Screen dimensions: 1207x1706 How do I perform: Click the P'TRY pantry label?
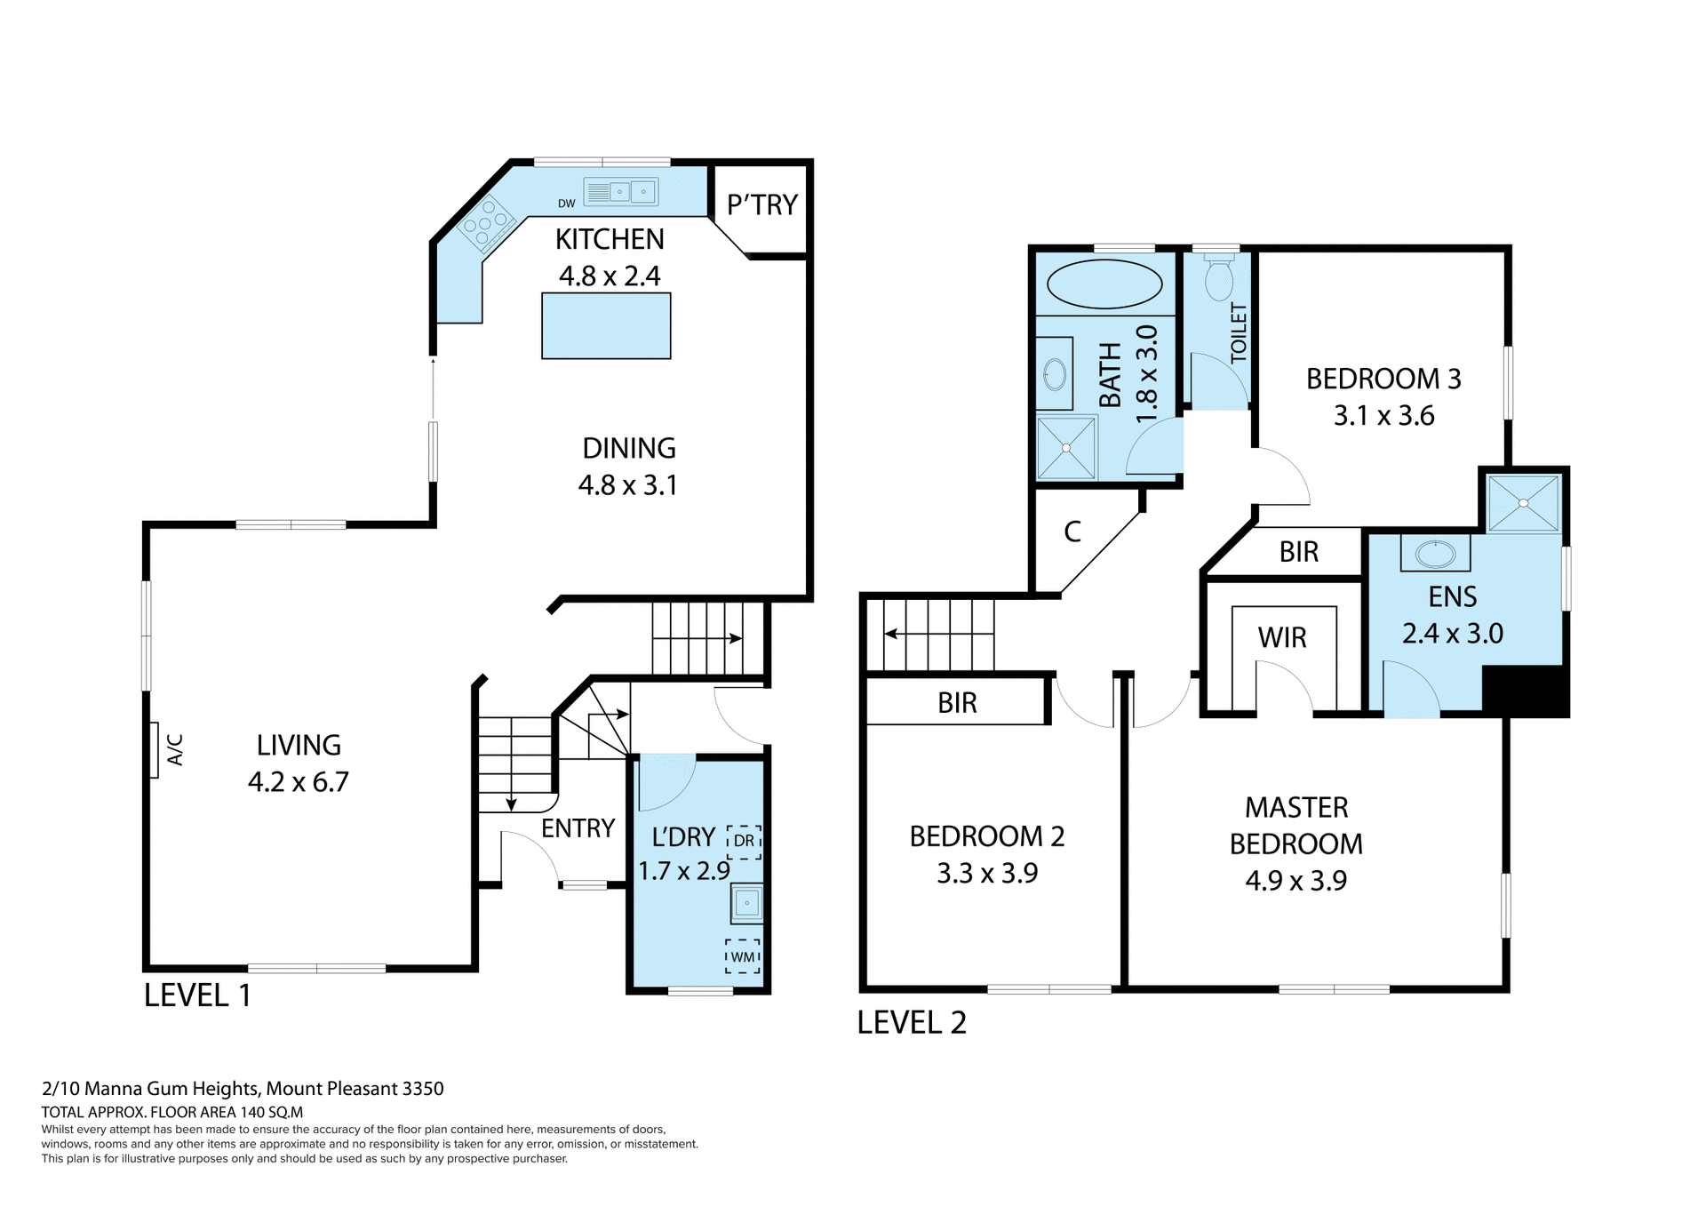[x=761, y=204]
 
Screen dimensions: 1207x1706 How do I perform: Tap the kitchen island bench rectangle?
[x=606, y=327]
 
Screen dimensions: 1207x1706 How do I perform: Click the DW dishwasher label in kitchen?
[x=566, y=204]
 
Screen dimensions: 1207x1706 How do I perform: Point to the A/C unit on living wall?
[x=155, y=749]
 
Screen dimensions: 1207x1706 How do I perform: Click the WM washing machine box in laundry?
[x=743, y=956]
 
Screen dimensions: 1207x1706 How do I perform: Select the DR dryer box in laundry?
[x=744, y=841]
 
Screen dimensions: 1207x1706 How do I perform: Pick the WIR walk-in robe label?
[x=1281, y=637]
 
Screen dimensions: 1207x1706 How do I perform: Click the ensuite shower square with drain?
[x=1523, y=503]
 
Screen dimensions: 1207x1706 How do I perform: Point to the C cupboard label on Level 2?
[x=1072, y=532]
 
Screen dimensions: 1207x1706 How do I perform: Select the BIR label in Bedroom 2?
[x=957, y=703]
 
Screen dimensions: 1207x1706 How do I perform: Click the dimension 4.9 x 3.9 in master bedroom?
[x=1295, y=880]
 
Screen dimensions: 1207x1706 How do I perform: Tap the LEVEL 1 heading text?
[x=197, y=995]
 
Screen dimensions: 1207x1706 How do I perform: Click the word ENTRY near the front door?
[x=578, y=828]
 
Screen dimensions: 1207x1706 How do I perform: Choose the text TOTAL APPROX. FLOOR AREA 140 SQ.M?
[x=172, y=1112]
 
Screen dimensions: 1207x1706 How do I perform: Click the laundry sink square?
[x=746, y=903]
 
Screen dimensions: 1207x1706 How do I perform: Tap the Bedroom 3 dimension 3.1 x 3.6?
[x=1383, y=415]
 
